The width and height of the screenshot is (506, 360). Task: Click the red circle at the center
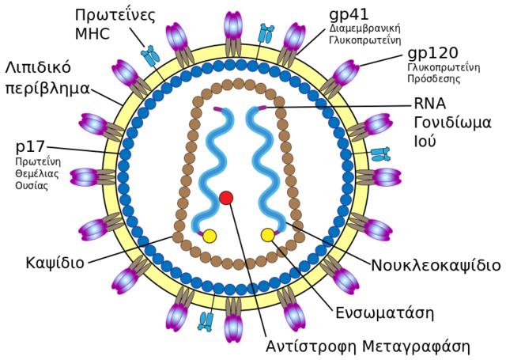pyautogui.click(x=226, y=198)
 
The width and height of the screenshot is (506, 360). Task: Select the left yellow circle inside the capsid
pyautogui.click(x=210, y=236)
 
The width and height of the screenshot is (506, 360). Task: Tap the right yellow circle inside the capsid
pyautogui.click(x=268, y=235)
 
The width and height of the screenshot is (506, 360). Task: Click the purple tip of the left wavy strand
pyautogui.click(x=217, y=109)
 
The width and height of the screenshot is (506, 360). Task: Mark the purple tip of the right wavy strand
pyautogui.click(x=262, y=108)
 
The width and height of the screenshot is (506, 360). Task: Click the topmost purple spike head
pyautogui.click(x=232, y=25)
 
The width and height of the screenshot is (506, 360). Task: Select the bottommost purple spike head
pyautogui.click(x=232, y=329)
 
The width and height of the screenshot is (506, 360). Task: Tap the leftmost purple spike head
pyautogui.click(x=83, y=177)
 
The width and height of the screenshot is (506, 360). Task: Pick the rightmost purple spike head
pyautogui.click(x=387, y=177)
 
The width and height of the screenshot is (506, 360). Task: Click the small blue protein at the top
pyautogui.click(x=265, y=34)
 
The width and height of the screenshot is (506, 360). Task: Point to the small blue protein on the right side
pyautogui.click(x=380, y=153)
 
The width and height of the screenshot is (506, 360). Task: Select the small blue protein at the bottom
pyautogui.click(x=206, y=320)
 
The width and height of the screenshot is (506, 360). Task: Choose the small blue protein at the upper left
pyautogui.click(x=150, y=56)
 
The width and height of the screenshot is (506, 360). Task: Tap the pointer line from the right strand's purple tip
pyautogui.click(x=308, y=107)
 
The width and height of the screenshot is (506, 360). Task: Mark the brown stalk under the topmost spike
pyautogui.click(x=232, y=47)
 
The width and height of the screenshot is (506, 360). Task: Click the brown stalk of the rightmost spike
pyautogui.click(x=364, y=177)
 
